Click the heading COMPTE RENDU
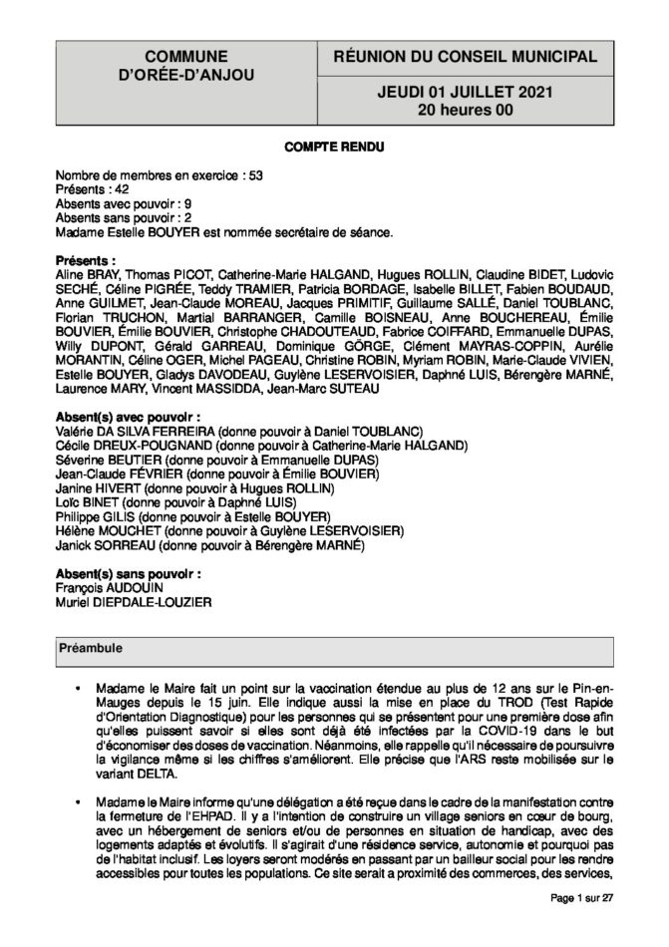(x=334, y=147)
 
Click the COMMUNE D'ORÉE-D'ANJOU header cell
(x=184, y=69)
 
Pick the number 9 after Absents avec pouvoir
(x=188, y=202)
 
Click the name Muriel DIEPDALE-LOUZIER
(x=135, y=601)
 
